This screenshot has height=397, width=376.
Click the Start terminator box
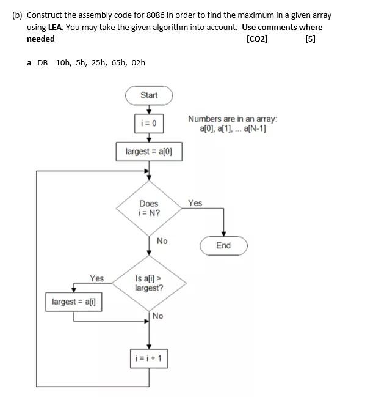pos(149,95)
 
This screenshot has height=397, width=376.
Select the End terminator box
pos(223,245)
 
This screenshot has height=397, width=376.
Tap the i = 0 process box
pos(149,123)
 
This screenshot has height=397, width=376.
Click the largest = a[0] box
pos(149,151)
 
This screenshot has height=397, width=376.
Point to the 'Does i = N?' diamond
pos(149,208)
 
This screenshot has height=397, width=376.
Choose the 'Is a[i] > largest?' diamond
pos(149,283)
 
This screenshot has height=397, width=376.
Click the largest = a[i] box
pos(74,302)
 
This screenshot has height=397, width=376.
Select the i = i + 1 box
pos(149,358)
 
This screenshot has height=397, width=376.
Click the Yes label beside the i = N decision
pos(195,203)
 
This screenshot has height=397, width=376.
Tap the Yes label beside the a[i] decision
pos(96,278)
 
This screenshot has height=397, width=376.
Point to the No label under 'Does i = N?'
pos(162,241)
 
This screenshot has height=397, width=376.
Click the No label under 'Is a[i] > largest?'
pos(157,316)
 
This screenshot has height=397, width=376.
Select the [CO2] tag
pos(256,39)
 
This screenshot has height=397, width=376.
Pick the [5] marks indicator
pos(309,39)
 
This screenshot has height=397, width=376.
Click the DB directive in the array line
pos(42,62)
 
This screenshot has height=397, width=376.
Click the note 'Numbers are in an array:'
pos(232,119)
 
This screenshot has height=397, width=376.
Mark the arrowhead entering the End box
pos(223,234)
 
